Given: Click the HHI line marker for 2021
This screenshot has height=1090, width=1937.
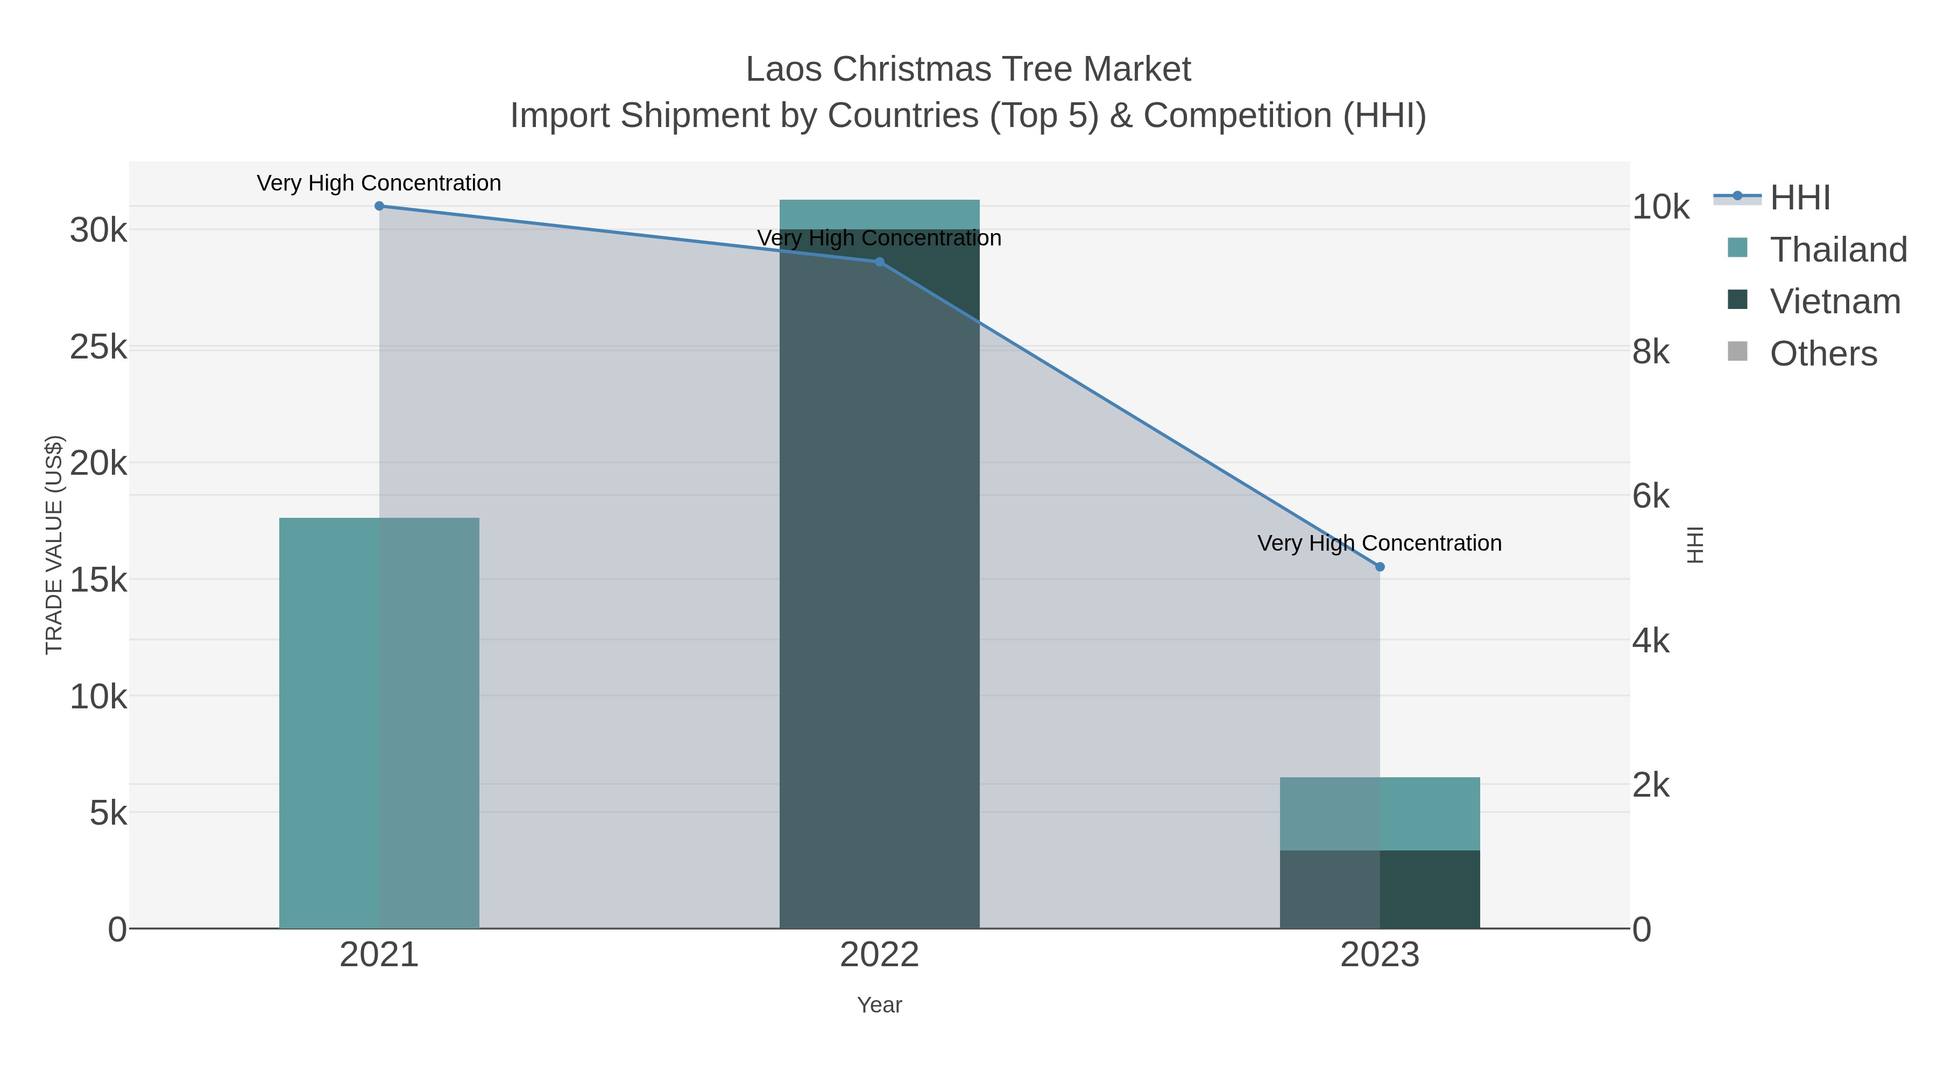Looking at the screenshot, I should pos(379,206).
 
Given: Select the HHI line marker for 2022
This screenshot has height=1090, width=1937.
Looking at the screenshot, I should pos(879,262).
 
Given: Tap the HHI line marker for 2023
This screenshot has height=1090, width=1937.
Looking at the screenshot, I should pos(1380,566).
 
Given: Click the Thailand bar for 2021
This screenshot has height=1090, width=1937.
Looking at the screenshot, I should pos(379,722).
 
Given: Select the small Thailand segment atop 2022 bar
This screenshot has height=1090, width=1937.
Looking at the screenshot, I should pos(879,214).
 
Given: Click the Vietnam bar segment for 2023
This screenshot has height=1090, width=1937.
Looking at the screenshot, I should pos(1380,889).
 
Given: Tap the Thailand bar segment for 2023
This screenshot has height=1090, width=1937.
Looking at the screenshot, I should pos(1380,813).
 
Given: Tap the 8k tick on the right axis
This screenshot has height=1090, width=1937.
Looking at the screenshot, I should pos(1651,352).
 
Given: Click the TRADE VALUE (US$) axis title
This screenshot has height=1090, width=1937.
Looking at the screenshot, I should pos(54,545).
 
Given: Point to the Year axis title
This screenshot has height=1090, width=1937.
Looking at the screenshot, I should pos(879,1005).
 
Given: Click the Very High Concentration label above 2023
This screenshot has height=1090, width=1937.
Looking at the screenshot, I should pos(1379,543).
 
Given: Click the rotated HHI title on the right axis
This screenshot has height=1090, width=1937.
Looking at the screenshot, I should pos(1695,545).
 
